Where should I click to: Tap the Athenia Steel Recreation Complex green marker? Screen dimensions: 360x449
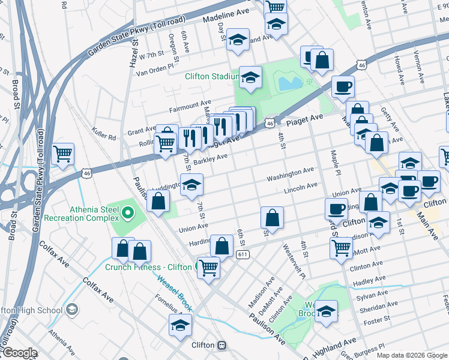127,212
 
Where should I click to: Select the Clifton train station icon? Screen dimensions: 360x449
222,346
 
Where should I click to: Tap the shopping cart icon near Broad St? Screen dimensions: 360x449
63,154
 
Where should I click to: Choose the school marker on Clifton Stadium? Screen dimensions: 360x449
250,76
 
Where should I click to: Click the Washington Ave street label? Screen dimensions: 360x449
291,174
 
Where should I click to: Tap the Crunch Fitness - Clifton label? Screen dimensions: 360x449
149,267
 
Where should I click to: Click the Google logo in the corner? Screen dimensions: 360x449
19,353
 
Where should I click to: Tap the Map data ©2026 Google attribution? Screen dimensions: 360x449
411,355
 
